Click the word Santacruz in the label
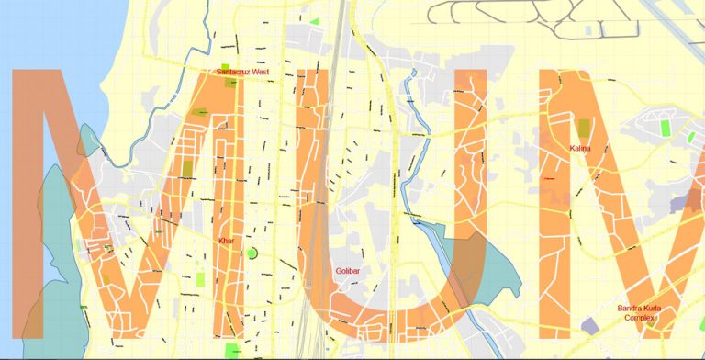pos(235,71)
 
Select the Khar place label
pos(226,241)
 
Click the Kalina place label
pos(579,148)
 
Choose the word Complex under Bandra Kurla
pos(640,318)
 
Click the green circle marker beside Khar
pos(252,253)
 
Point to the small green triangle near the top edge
pos(315,20)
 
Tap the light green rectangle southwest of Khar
pos(201,277)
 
